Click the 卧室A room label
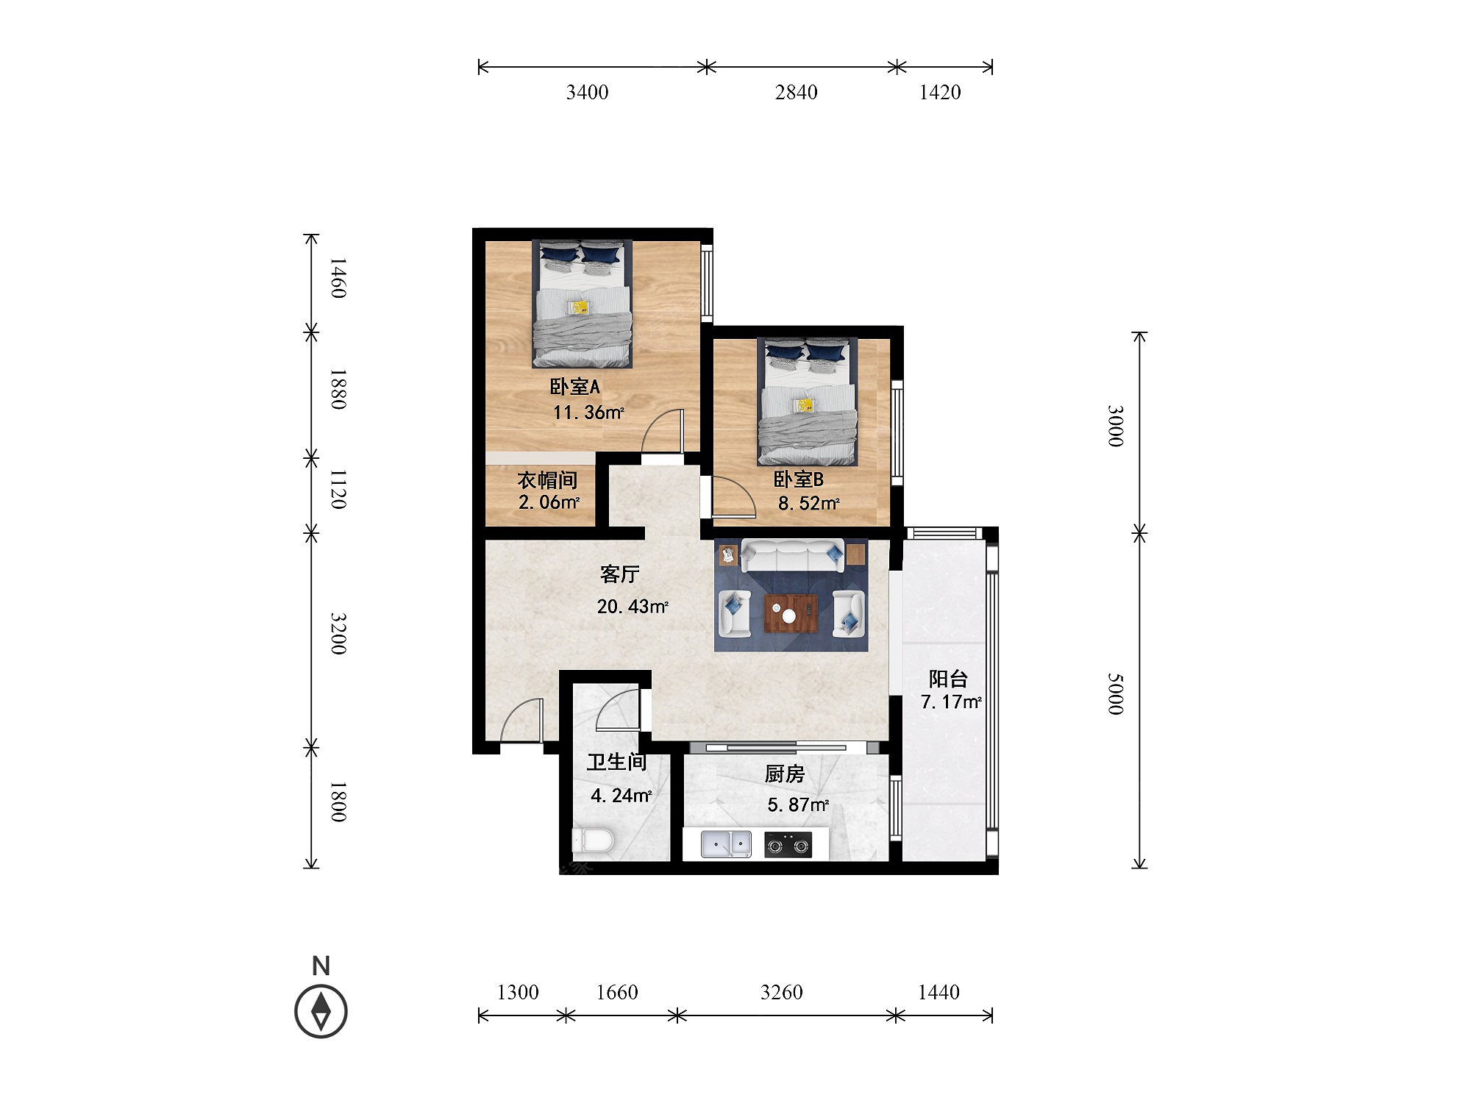[x=575, y=387]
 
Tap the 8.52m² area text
[x=808, y=504]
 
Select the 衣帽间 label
[x=547, y=480]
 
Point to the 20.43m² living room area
[x=633, y=607]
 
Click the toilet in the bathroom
[x=593, y=840]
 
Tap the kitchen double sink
[x=726, y=844]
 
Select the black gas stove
[x=788, y=845]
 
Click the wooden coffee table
[x=791, y=614]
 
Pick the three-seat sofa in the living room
[x=792, y=556]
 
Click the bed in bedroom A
[x=583, y=304]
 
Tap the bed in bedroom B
[x=808, y=401]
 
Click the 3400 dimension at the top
[x=587, y=93]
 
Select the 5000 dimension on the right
[x=1116, y=693]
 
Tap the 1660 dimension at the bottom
[x=617, y=993]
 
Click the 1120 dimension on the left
[x=338, y=490]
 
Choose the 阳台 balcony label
[x=948, y=679]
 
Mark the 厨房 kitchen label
[x=785, y=774]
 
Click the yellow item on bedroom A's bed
[x=580, y=307]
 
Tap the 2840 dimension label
[x=796, y=93]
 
